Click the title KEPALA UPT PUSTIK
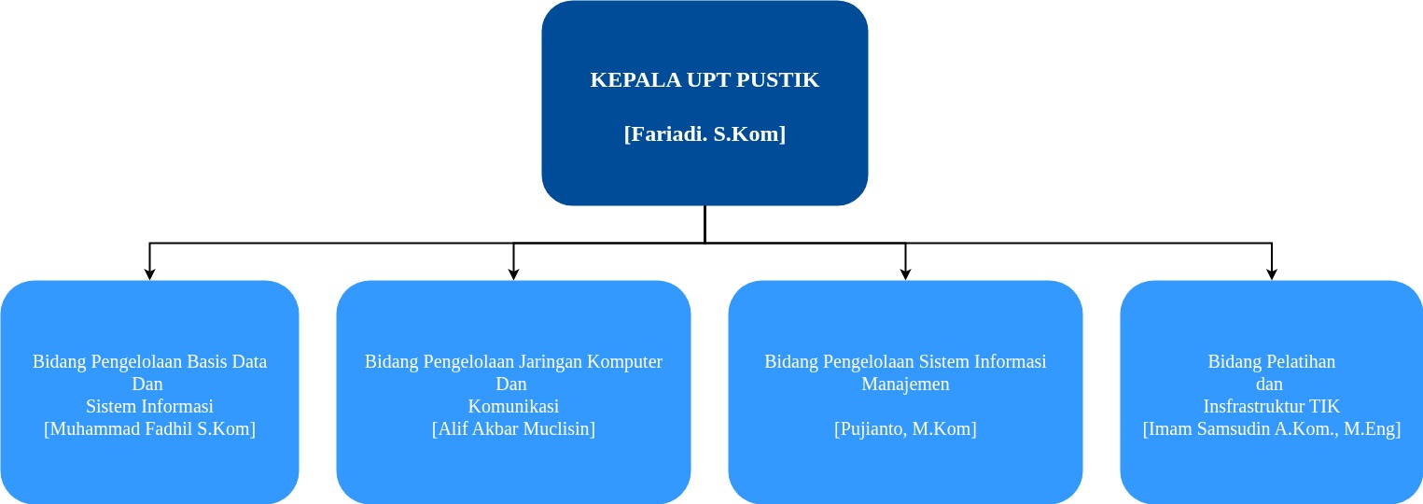(x=705, y=80)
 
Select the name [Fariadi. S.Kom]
(x=705, y=134)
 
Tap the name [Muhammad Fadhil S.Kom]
(x=149, y=429)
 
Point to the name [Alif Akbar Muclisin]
(x=513, y=429)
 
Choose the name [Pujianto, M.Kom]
(x=905, y=429)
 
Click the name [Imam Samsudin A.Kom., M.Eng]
(x=1271, y=429)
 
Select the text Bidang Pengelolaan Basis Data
(x=149, y=362)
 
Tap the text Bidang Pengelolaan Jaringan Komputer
(x=513, y=362)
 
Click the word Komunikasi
(x=513, y=407)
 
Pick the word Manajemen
(x=905, y=385)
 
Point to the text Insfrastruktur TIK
(x=1271, y=407)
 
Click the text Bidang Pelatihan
(x=1271, y=362)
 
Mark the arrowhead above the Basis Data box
(x=149, y=274)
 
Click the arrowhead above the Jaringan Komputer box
(x=513, y=274)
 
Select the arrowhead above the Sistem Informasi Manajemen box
(x=905, y=274)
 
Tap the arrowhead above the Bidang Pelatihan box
(x=1271, y=274)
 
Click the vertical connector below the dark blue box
(x=705, y=224)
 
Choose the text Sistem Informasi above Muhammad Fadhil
(x=149, y=407)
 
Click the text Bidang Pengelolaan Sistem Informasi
(x=905, y=362)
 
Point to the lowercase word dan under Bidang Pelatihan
(x=1271, y=385)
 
